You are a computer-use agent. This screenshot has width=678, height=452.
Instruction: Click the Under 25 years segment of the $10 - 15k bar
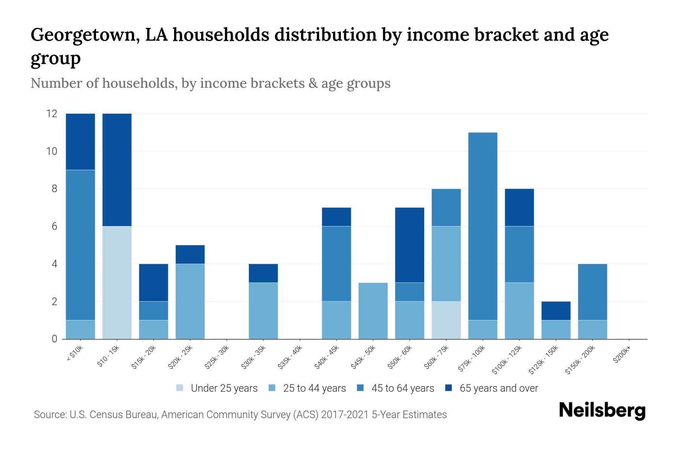pyautogui.click(x=117, y=282)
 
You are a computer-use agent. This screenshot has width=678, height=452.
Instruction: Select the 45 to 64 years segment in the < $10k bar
pyautogui.click(x=80, y=245)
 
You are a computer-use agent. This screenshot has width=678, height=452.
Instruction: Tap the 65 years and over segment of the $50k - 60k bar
pyautogui.click(x=409, y=245)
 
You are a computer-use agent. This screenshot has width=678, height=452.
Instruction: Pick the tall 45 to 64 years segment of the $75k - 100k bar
pyautogui.click(x=483, y=226)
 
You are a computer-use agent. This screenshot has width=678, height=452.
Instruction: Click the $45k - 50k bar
pyautogui.click(x=373, y=311)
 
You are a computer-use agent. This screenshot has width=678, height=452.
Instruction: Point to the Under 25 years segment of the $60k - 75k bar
pyautogui.click(x=446, y=320)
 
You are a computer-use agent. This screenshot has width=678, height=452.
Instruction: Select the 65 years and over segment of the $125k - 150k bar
pyautogui.click(x=556, y=311)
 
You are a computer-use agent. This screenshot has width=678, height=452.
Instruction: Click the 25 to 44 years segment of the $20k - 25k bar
pyautogui.click(x=190, y=301)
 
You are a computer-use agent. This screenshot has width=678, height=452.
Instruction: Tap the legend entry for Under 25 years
pyautogui.click(x=224, y=388)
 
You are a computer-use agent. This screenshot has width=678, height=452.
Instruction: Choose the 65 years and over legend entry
pyautogui.click(x=498, y=388)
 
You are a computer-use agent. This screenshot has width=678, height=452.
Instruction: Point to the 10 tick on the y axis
pyautogui.click(x=52, y=151)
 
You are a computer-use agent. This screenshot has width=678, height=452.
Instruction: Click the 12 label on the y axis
pyautogui.click(x=52, y=113)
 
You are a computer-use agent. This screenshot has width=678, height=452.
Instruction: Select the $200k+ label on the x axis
pyautogui.click(x=622, y=355)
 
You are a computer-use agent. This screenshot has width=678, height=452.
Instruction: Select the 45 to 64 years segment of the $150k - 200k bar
pyautogui.click(x=592, y=292)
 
